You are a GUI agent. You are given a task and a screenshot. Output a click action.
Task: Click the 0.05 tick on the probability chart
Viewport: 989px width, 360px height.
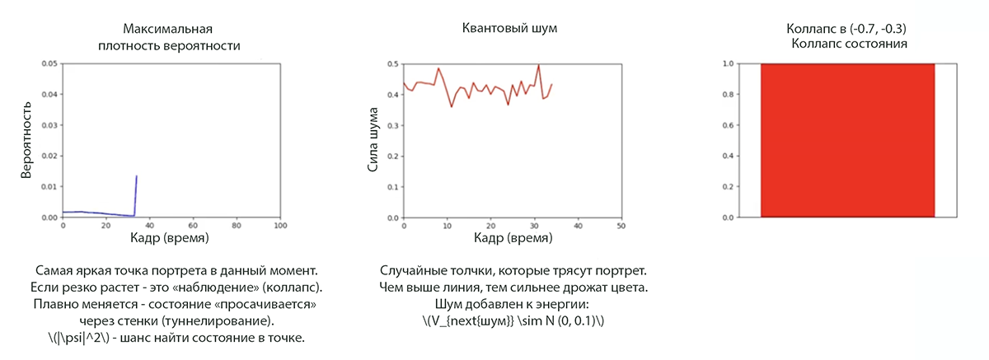pos(49,63)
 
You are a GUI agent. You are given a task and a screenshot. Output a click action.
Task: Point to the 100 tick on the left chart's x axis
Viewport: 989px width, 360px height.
pos(280,225)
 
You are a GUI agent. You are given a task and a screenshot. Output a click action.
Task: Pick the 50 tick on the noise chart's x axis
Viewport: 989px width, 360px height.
pos(621,225)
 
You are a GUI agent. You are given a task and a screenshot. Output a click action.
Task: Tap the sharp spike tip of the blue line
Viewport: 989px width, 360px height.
pos(136,175)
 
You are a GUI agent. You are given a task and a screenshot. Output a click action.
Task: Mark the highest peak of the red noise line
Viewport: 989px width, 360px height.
pos(538,65)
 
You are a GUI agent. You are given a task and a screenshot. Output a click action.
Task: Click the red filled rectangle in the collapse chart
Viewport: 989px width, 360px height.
pos(847,140)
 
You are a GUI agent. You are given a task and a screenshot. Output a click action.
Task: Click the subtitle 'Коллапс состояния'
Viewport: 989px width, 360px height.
pos(849,44)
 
